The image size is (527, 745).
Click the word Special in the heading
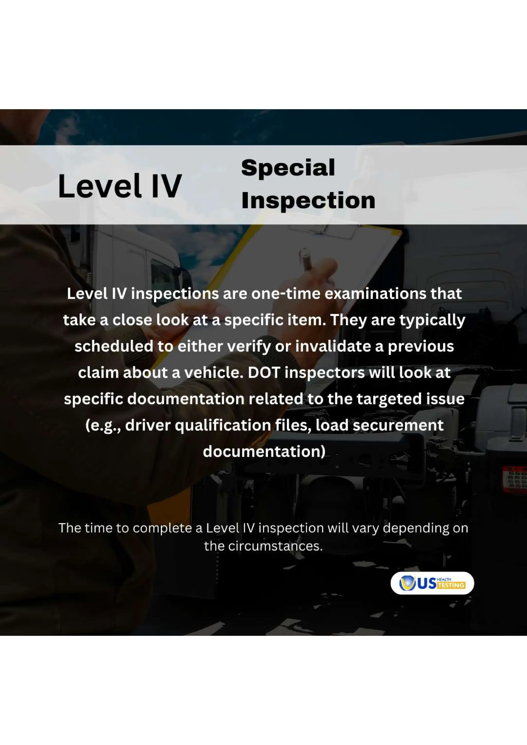[x=288, y=168]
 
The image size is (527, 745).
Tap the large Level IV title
[x=120, y=186]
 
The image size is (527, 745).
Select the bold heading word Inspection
[x=308, y=200]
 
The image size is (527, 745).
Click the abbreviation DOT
[x=264, y=373]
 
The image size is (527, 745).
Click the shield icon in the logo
[x=407, y=583]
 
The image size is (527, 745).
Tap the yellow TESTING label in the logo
[x=451, y=585]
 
